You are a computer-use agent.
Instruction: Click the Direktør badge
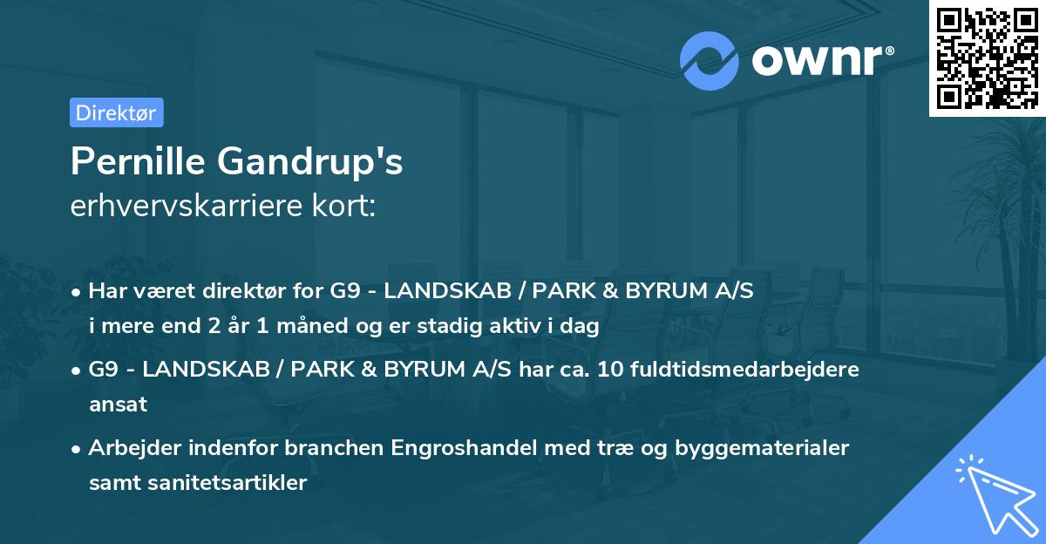click(116, 112)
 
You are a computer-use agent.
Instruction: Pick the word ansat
click(118, 404)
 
